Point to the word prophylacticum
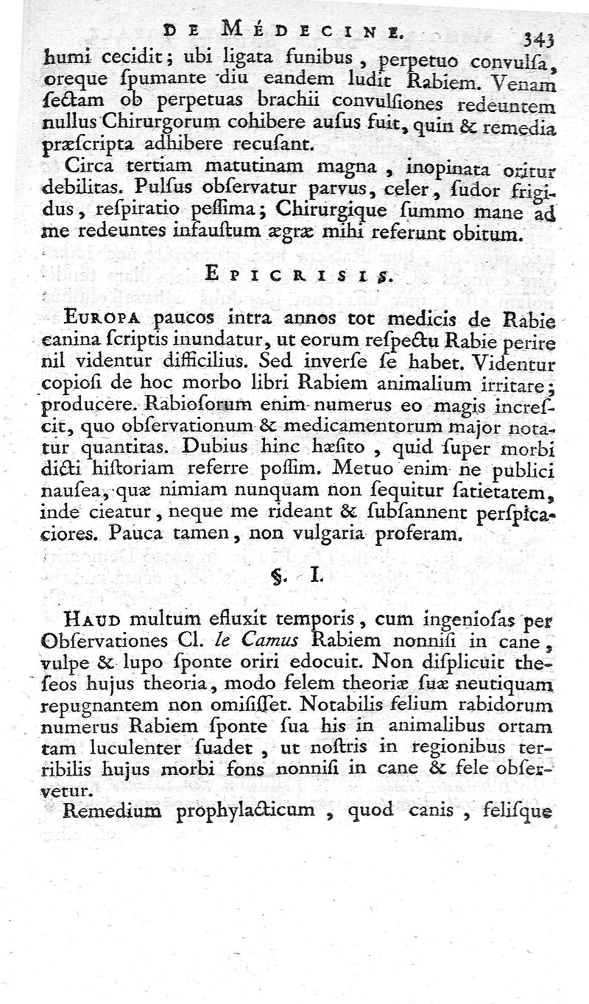[x=252, y=811]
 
